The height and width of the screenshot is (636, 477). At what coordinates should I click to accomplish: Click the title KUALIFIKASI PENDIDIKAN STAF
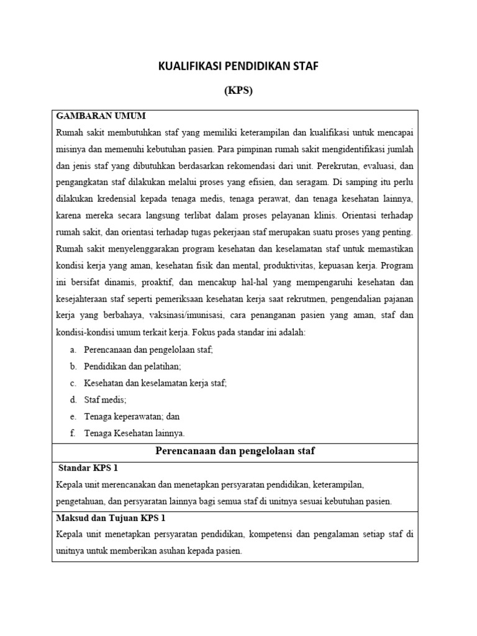[x=238, y=66]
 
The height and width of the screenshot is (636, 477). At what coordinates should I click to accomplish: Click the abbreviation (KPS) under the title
[x=238, y=91]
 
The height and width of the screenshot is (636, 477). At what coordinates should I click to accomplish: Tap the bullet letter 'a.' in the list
[x=73, y=350]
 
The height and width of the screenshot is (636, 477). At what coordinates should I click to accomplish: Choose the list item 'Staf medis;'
[x=105, y=400]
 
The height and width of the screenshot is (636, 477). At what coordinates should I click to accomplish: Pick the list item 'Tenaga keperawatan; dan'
[x=132, y=416]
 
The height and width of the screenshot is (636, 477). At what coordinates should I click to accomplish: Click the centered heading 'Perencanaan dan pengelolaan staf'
[x=235, y=451]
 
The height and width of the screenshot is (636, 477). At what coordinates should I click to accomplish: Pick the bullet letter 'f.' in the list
[x=73, y=433]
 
